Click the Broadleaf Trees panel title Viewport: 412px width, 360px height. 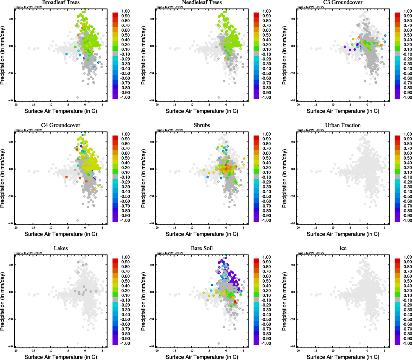click(x=61, y=2)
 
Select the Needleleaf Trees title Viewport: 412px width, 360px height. click(x=202, y=2)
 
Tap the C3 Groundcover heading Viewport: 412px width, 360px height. click(x=343, y=2)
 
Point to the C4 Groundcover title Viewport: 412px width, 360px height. click(x=61, y=125)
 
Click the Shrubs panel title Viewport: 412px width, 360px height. click(x=202, y=125)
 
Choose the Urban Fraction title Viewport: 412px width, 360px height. click(x=343, y=125)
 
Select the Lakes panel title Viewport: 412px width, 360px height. click(x=61, y=248)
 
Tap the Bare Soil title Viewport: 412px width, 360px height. click(x=202, y=248)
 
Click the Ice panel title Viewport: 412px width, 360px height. click(x=343, y=248)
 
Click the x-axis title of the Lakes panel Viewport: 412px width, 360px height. click(x=61, y=357)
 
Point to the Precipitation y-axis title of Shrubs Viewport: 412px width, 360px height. click(x=143, y=178)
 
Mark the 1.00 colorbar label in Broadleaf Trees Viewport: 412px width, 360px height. click(x=125, y=11)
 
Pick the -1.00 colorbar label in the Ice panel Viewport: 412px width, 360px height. click(x=407, y=343)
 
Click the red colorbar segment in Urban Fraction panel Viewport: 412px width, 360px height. click(x=397, y=138)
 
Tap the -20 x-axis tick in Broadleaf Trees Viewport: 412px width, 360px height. click(x=16, y=105)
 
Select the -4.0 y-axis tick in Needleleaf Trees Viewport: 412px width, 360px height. click(x=152, y=100)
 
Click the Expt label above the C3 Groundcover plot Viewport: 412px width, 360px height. click(x=310, y=7)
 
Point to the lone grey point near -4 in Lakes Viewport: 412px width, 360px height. click(x=78, y=343)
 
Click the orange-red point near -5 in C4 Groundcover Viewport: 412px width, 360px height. click(x=66, y=177)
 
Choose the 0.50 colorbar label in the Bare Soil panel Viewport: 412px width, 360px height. click(x=266, y=281)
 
